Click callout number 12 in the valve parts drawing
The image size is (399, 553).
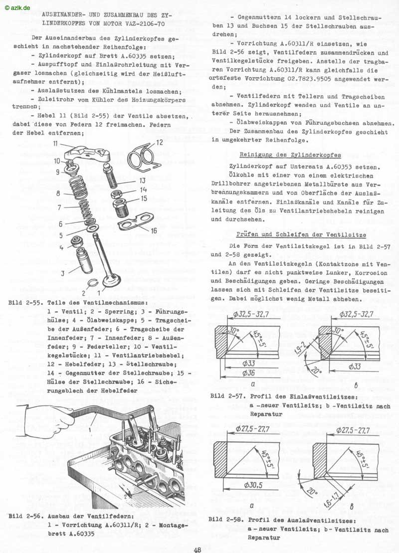(160, 142)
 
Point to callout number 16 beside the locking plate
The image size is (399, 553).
(154, 230)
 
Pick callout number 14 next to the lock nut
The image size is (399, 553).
(144, 189)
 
